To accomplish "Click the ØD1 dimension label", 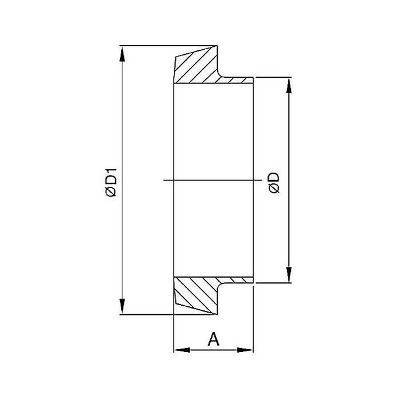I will [x=111, y=182].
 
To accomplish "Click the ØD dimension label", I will [x=274, y=182].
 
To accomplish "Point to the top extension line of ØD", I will [x=274, y=76].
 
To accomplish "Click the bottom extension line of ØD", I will [x=274, y=283].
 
